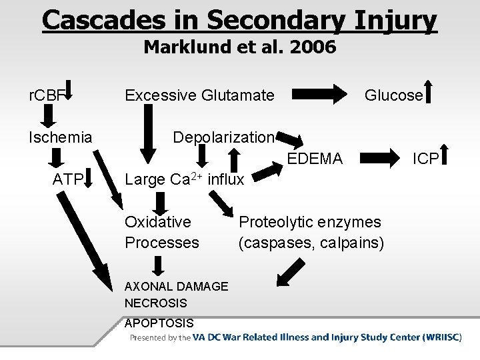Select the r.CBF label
(44, 95)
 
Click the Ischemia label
(60, 137)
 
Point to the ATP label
(68, 179)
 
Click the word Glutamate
(237, 95)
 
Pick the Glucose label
(393, 95)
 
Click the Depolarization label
(223, 137)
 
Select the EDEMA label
(315, 159)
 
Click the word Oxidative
(158, 221)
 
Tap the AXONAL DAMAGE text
(176, 286)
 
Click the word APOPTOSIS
(159, 323)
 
